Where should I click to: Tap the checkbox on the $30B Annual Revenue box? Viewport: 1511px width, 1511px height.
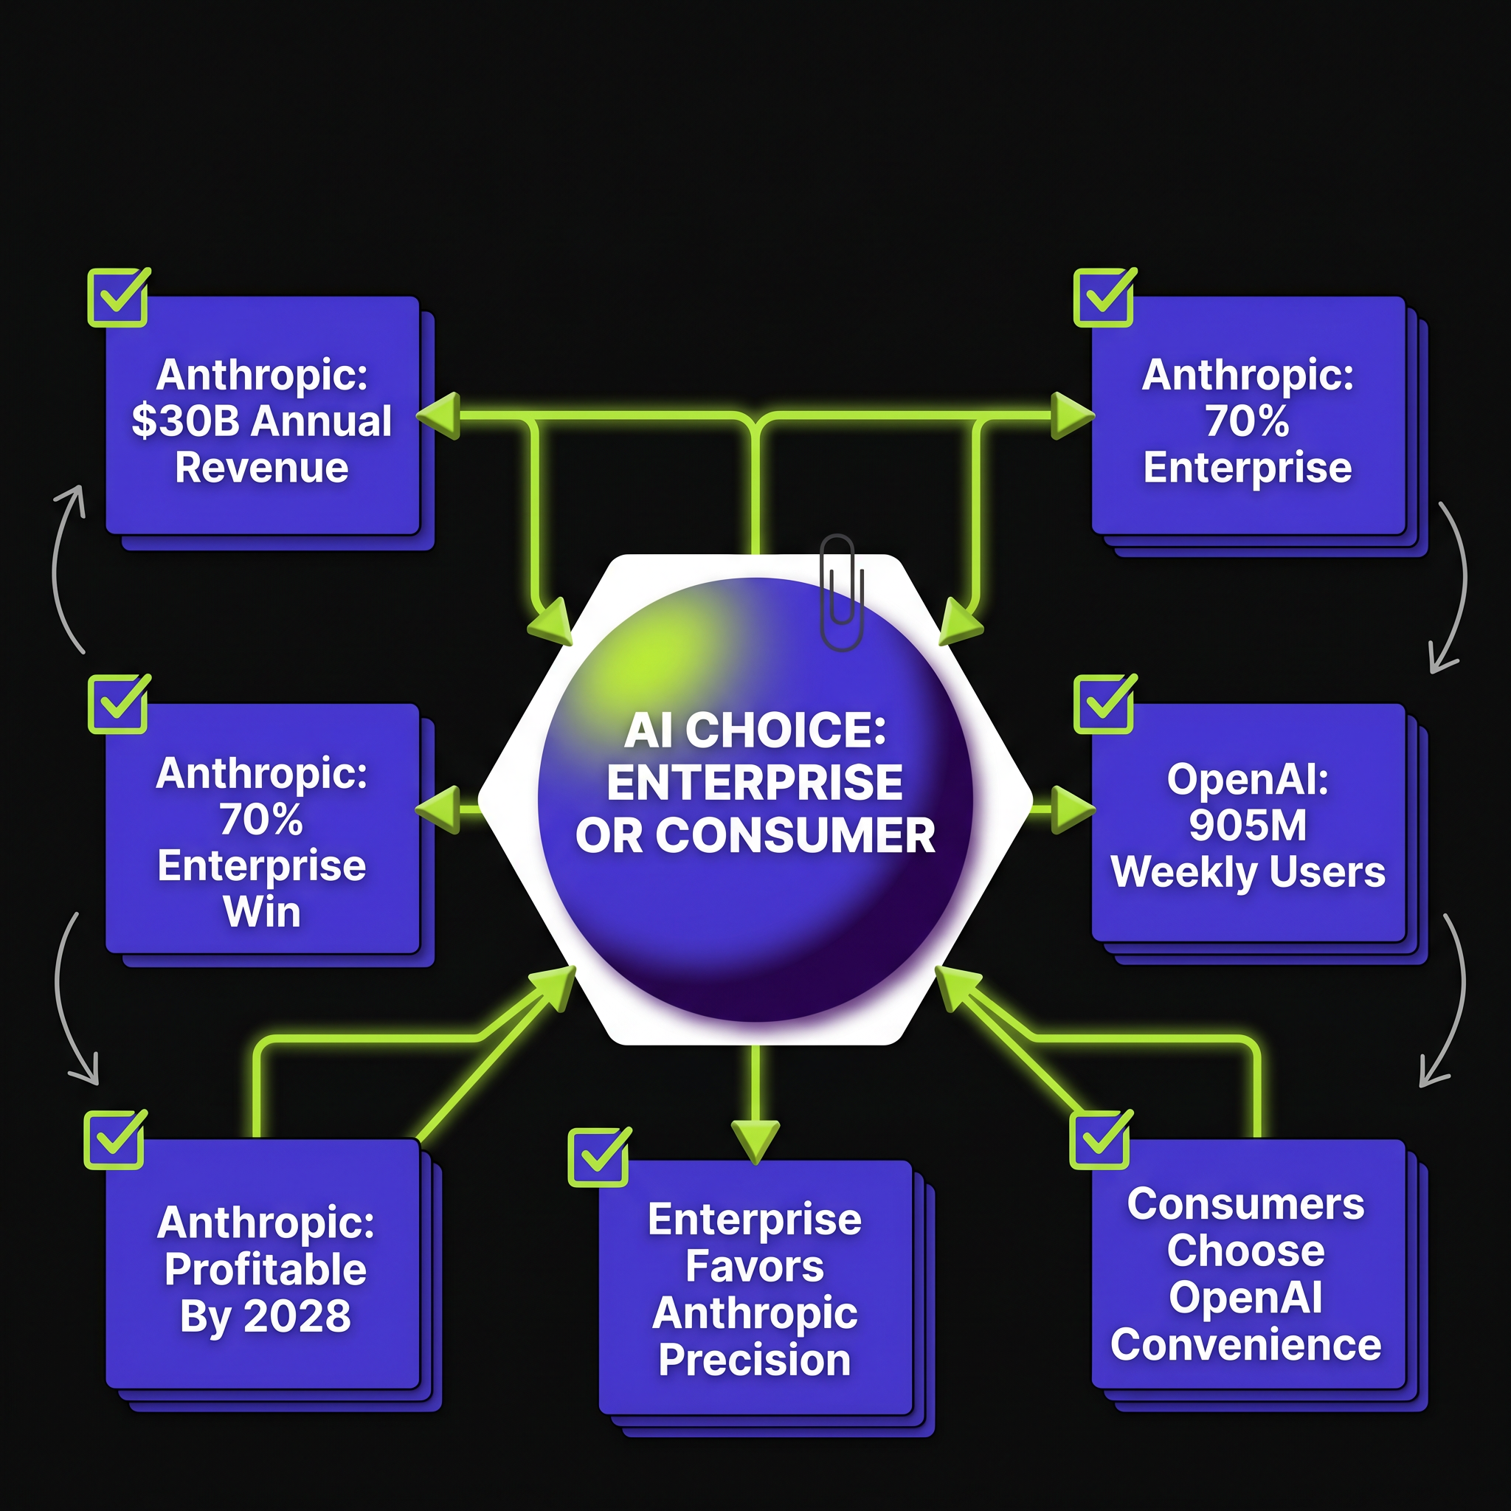(118, 297)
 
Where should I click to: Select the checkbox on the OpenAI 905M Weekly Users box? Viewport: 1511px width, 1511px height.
(1104, 704)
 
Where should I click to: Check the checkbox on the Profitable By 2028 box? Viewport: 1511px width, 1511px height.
(115, 1139)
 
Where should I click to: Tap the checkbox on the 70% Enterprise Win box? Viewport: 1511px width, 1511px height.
(118, 704)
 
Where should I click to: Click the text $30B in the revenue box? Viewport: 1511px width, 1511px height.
(185, 421)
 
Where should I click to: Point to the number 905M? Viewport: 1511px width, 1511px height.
(1248, 825)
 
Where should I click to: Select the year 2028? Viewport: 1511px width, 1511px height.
(297, 1316)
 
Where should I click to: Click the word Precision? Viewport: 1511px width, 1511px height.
(755, 1362)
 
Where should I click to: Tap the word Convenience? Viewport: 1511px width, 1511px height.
(1246, 1345)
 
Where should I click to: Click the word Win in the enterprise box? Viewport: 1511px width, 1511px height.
(262, 912)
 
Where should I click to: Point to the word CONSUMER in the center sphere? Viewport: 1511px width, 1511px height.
(795, 835)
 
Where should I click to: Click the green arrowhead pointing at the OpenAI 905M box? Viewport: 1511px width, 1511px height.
(1073, 809)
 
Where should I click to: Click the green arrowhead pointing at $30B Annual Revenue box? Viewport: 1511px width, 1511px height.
(438, 415)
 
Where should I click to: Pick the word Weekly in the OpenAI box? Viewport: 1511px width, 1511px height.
(1174, 873)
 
